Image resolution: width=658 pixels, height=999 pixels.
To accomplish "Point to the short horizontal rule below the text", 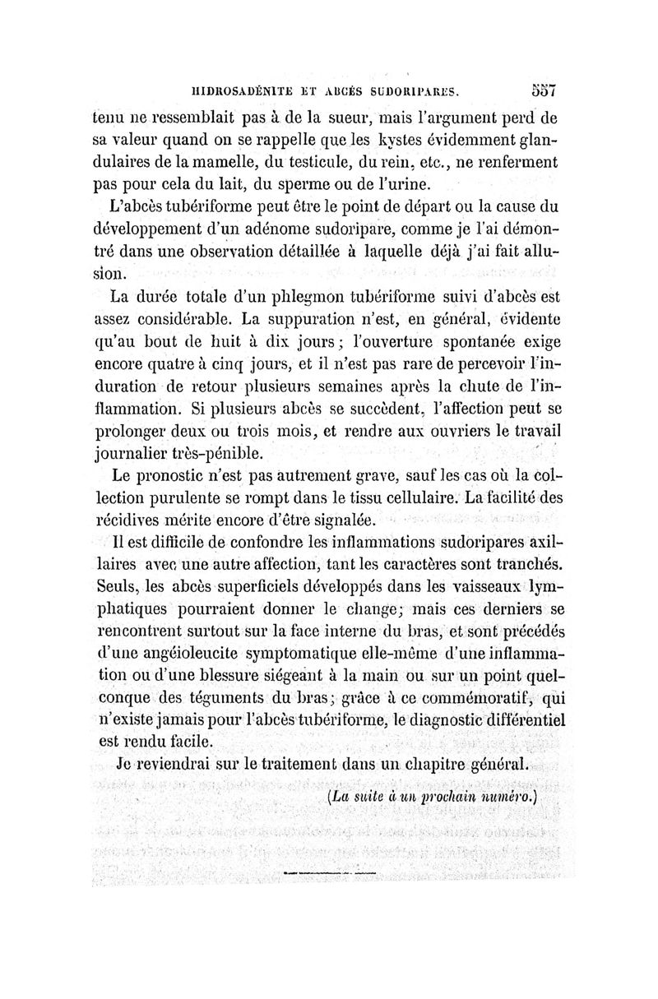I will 328,869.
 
